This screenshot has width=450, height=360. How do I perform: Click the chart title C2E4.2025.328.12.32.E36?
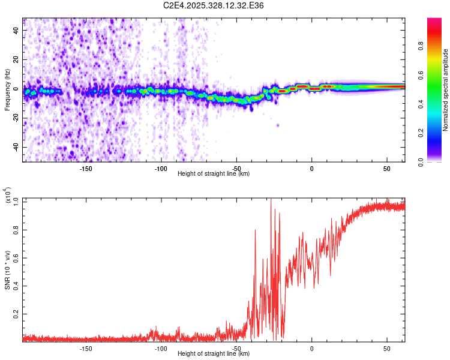pyautogui.click(x=214, y=5)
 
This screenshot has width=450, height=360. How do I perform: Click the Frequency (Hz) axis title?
pyautogui.click(x=8, y=90)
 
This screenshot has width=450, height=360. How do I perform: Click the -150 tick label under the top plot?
pyautogui.click(x=85, y=169)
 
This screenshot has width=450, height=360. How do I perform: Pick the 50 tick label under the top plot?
pyautogui.click(x=387, y=169)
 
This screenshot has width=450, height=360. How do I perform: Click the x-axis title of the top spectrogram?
pyautogui.click(x=214, y=174)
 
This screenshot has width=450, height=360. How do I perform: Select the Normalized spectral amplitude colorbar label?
pyautogui.click(x=446, y=90)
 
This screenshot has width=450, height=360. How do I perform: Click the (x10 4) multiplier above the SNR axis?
pyautogui.click(x=8, y=196)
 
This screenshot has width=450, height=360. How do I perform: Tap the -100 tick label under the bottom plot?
pyautogui.click(x=160, y=349)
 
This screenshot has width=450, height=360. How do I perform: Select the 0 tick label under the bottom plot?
pyautogui.click(x=311, y=349)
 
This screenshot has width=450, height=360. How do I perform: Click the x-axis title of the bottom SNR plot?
pyautogui.click(x=214, y=354)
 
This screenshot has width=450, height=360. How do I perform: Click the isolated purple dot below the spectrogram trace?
pyautogui.click(x=278, y=125)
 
